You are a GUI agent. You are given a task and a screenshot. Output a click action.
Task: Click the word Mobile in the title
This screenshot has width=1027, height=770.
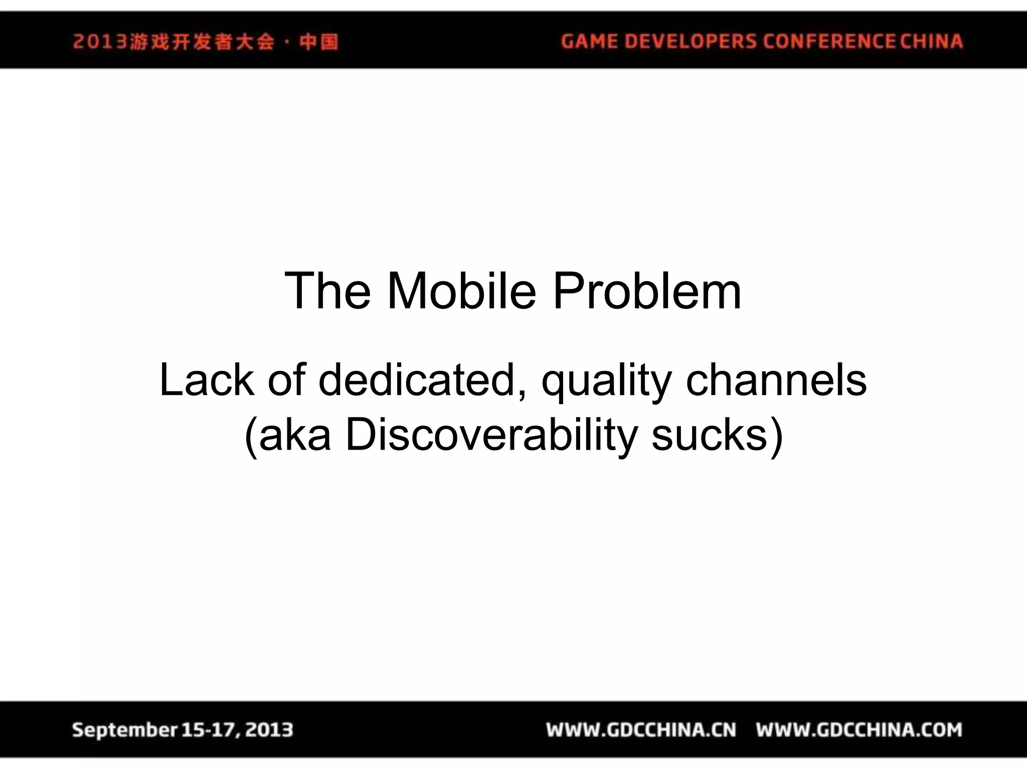coord(461,291)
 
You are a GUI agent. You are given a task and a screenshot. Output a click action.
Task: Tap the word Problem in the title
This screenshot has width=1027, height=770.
coord(646,291)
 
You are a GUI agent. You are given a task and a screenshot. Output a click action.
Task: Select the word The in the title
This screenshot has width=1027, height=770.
coord(328,291)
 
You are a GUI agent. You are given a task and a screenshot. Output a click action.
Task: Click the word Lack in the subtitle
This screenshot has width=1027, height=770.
coord(206,380)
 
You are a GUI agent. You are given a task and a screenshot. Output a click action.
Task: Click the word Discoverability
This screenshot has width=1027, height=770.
coord(491,435)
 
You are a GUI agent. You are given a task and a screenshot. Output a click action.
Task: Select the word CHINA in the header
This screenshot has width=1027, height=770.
coord(932,41)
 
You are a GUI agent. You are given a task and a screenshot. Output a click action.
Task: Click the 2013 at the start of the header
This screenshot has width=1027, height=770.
coord(100,42)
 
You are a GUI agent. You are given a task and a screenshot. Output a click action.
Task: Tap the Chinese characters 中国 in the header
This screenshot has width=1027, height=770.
coord(319,42)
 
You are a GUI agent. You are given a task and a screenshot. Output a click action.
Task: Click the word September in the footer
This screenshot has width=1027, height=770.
coord(125,730)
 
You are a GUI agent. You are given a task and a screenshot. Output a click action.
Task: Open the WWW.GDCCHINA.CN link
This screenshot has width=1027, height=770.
coord(641,730)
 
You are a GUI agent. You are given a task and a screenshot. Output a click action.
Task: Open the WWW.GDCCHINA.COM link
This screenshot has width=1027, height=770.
coord(859,730)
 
